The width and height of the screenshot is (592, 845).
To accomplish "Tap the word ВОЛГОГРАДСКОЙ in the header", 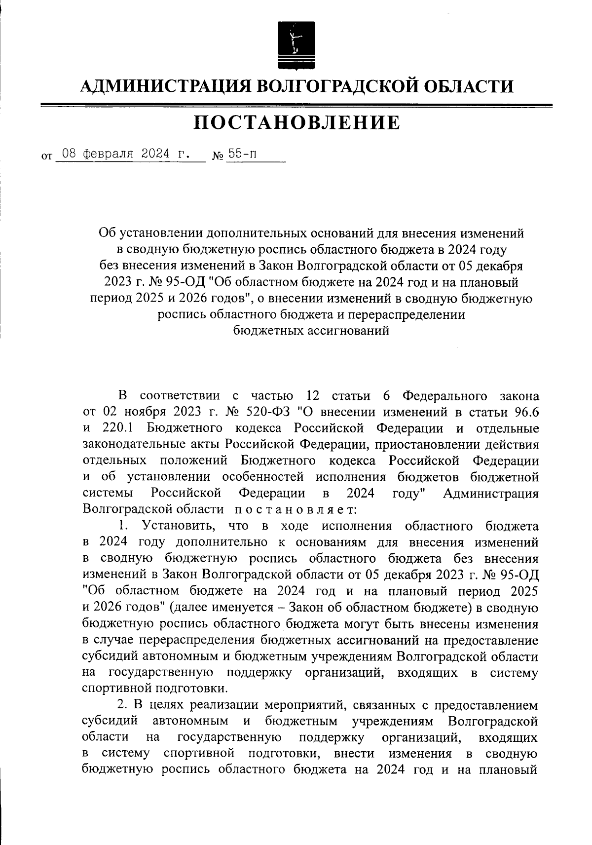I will click(x=338, y=87).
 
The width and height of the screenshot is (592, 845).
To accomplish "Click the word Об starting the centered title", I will click(x=107, y=233).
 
